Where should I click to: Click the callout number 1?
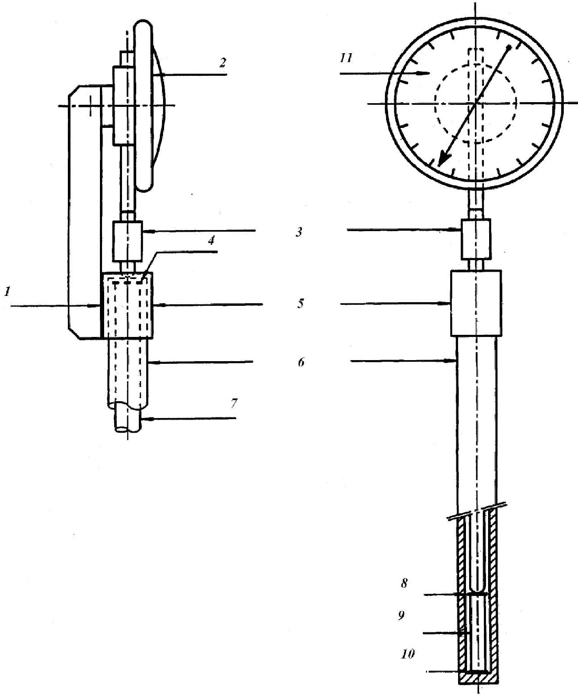point(7,292)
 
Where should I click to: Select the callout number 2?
point(223,62)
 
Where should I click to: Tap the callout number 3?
point(299,232)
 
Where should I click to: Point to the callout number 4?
point(211,240)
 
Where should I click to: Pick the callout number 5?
point(300,304)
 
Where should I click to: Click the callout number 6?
point(301,362)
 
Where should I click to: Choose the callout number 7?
point(234,404)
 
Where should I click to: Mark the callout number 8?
point(404,584)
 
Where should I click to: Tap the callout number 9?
point(402,615)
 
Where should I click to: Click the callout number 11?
point(346,58)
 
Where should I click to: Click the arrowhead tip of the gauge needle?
point(439,166)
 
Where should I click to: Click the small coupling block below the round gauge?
point(476,239)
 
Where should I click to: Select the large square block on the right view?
point(476,303)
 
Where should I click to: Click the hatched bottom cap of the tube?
point(479,678)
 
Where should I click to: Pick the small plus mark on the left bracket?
point(90,106)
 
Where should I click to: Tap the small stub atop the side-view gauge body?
point(127,58)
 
